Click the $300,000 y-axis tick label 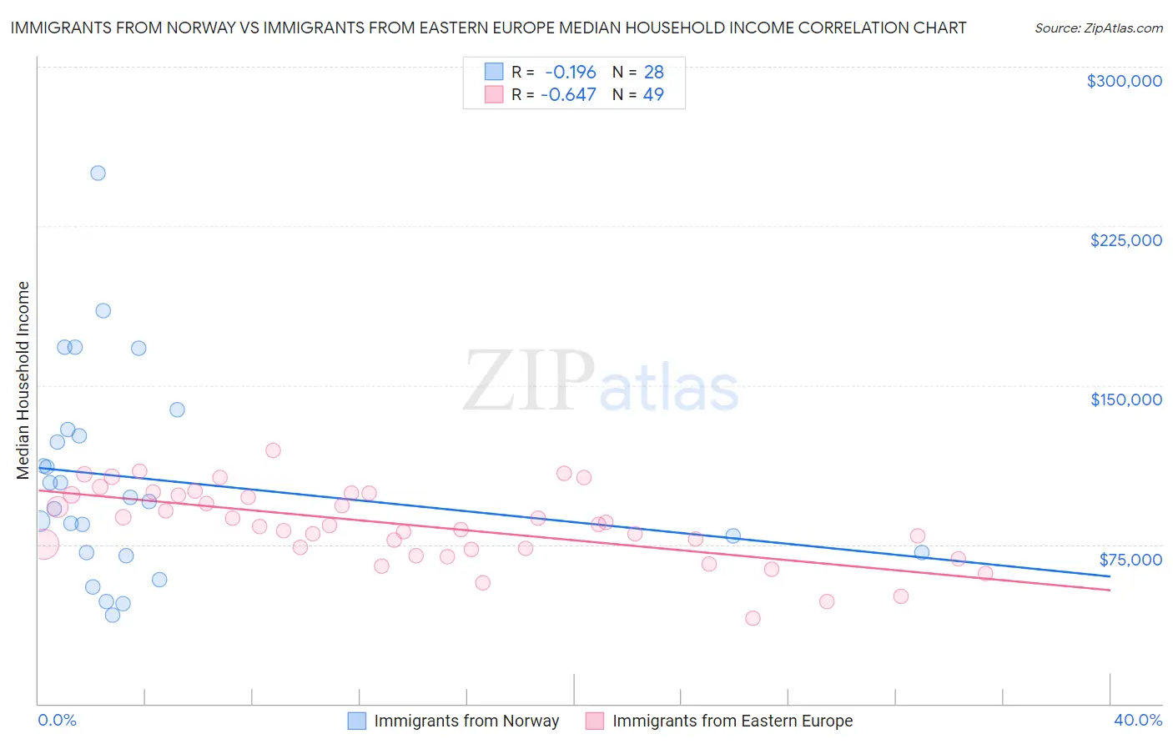coord(1124,81)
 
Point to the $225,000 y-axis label coord(1125,240)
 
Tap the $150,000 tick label coord(1125,400)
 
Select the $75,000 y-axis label coord(1130,560)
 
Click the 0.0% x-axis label coord(57,720)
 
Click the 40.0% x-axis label coord(1137,720)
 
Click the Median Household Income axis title coord(23,380)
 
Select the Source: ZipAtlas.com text coord(1098,28)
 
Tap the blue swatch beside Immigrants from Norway coord(357,721)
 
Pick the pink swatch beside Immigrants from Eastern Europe coord(595,721)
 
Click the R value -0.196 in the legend coord(571,73)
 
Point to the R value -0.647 coord(568,95)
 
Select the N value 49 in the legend coord(653,95)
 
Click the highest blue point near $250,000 coord(98,173)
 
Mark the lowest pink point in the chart coord(753,618)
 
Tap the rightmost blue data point coord(921,552)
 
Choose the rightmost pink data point coord(985,573)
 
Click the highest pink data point coord(273,450)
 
